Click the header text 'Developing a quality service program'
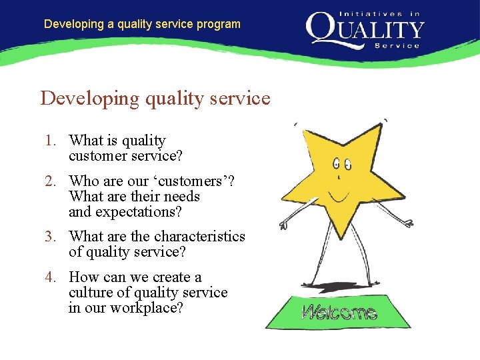142,24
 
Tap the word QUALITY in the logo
365,29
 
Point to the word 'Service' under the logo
398,45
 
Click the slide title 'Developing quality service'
155,98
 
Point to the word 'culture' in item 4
90,293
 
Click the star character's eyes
342,163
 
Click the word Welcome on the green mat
339,312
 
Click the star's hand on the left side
284,225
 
